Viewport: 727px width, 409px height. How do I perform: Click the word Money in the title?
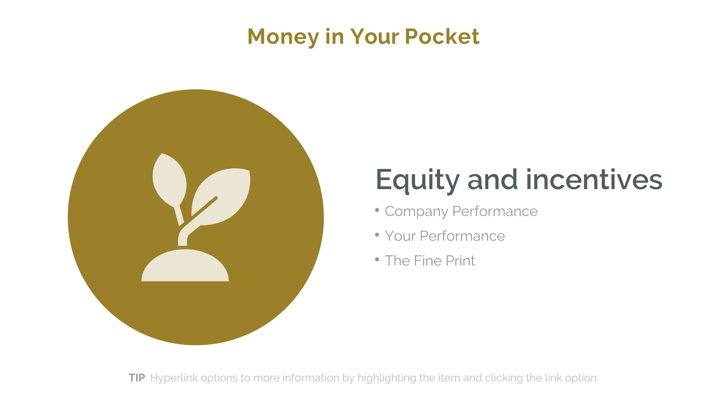tap(283, 37)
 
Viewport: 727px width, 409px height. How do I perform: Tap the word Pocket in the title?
tap(442, 37)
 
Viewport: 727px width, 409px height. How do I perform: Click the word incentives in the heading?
tap(594, 179)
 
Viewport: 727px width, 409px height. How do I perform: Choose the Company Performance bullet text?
tap(461, 211)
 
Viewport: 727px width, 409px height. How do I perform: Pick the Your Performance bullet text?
tap(445, 236)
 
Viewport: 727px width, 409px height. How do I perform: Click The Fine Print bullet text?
tap(430, 261)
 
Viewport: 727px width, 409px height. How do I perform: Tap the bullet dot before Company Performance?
tap(377, 210)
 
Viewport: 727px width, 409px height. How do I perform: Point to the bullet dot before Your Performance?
tap(377, 234)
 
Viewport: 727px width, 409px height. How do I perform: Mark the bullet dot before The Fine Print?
tap(377, 259)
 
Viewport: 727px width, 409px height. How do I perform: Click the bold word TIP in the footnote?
tap(137, 378)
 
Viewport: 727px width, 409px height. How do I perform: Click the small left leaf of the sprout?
tap(169, 180)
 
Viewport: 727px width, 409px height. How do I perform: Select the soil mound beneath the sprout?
tap(185, 267)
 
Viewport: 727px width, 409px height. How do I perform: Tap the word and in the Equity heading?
tap(492, 179)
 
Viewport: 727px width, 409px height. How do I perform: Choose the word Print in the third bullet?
tap(461, 261)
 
